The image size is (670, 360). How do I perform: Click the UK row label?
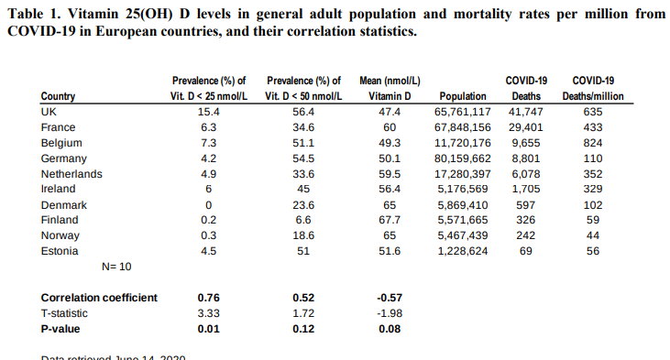49,112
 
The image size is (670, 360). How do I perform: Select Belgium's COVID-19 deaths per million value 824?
593,143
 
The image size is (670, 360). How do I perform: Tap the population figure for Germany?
465,158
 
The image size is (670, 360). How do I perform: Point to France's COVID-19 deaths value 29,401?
526,127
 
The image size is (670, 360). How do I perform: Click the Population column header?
463,96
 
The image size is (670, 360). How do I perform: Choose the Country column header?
58,96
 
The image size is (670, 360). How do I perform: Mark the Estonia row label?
60,251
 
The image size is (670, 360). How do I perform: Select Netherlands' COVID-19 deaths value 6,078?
526,174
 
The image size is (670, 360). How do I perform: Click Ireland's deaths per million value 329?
593,190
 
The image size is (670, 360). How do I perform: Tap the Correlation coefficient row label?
99,298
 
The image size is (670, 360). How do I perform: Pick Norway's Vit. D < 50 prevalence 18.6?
302,235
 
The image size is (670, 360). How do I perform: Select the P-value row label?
61,329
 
